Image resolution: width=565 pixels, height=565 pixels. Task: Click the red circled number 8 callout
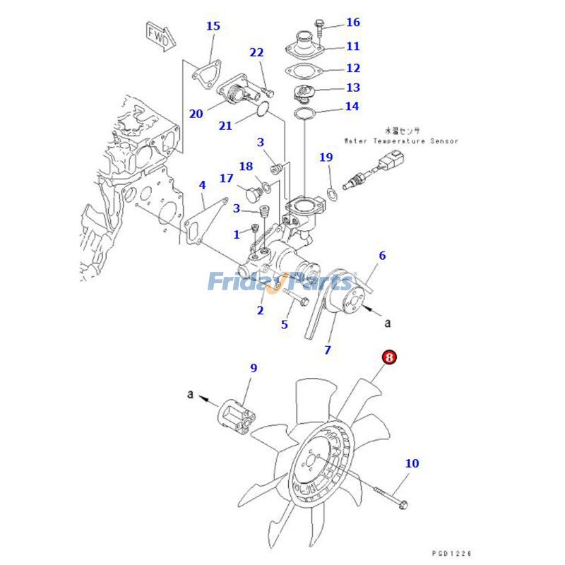pyautogui.click(x=390, y=357)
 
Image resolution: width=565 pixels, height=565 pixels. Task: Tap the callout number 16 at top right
pyautogui.click(x=353, y=23)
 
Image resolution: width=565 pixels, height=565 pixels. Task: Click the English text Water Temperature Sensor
pyautogui.click(x=400, y=141)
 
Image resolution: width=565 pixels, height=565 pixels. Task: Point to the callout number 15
pyautogui.click(x=213, y=26)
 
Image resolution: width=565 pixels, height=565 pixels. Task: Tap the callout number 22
pyautogui.click(x=256, y=52)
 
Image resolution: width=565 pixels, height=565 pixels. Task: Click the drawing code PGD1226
pyautogui.click(x=452, y=553)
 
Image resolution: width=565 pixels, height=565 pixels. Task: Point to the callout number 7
pyautogui.click(x=328, y=350)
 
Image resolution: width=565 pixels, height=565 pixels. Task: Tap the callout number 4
pyautogui.click(x=202, y=185)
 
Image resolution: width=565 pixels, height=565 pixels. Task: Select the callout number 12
pyautogui.click(x=353, y=69)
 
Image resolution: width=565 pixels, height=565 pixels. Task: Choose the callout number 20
pyautogui.click(x=196, y=113)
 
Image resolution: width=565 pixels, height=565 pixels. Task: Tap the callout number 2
pyautogui.click(x=260, y=310)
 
